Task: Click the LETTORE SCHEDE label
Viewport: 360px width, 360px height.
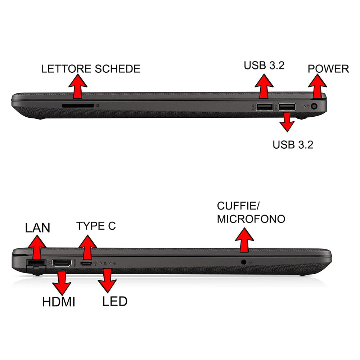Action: (90, 69)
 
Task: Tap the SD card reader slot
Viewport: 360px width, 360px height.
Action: (78, 106)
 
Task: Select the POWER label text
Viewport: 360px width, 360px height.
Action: (328, 69)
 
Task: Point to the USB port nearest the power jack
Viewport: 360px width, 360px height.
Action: (287, 107)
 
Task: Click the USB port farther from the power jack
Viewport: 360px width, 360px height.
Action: (264, 107)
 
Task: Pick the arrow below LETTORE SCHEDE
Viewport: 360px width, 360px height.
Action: (77, 87)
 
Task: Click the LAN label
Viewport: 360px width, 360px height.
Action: (37, 228)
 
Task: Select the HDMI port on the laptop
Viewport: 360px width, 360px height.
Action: (62, 264)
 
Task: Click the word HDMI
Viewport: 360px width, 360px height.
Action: (58, 302)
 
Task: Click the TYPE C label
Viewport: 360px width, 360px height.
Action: (96, 226)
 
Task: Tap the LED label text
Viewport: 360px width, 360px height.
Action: (114, 301)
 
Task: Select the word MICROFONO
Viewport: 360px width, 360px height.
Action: (251, 219)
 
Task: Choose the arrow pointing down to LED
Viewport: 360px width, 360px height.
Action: (107, 280)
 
